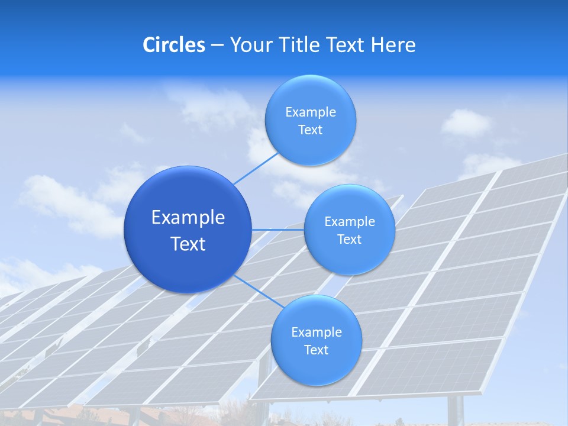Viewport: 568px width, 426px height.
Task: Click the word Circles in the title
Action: tap(174, 45)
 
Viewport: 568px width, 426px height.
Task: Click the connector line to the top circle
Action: tap(256, 168)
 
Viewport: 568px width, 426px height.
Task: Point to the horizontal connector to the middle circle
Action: tap(277, 230)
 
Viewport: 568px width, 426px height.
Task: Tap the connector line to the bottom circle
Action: tap(255, 290)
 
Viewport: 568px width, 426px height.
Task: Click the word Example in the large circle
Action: tap(188, 218)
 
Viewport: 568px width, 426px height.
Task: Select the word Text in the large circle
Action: tap(188, 244)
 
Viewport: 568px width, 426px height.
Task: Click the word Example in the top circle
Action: tap(311, 112)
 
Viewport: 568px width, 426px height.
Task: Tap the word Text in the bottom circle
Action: tap(316, 350)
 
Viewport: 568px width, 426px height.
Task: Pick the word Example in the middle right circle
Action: tap(350, 222)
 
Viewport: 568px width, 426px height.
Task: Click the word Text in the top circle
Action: tap(310, 130)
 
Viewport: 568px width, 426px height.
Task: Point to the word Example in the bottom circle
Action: tap(317, 333)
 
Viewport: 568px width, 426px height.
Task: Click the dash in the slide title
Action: tap(217, 45)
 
